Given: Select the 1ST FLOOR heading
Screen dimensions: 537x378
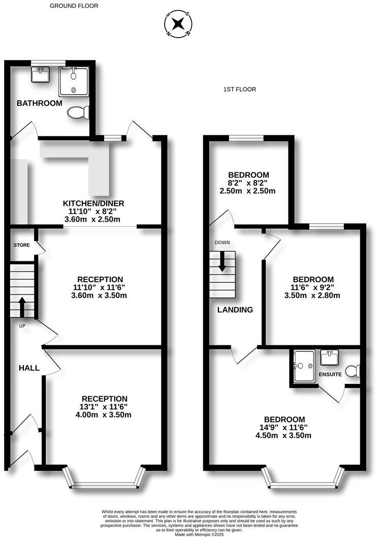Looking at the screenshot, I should [239, 89].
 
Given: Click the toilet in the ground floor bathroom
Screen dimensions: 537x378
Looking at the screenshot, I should [79, 112].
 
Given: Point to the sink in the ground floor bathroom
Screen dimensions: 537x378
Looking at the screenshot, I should [40, 75].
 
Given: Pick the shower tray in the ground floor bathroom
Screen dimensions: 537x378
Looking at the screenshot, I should [74, 81].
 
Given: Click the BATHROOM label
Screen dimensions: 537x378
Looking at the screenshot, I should [40, 103].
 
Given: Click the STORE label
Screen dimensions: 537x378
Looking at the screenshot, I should [22, 245].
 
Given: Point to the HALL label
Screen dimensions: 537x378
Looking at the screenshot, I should [29, 368].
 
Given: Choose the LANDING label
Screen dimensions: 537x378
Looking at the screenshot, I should [235, 310].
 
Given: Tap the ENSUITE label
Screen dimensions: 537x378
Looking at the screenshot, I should [330, 374].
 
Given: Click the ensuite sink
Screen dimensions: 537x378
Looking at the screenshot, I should [330, 357].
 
